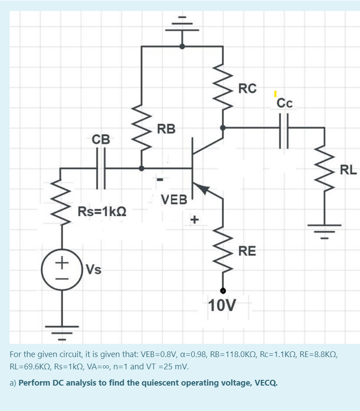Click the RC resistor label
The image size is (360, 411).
(247, 88)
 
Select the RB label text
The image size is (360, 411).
(166, 129)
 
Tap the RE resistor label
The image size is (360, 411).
(247, 251)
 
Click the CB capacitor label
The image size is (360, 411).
(101, 139)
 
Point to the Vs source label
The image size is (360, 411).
(94, 269)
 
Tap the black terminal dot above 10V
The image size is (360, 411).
(223, 290)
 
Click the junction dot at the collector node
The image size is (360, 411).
(223, 128)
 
